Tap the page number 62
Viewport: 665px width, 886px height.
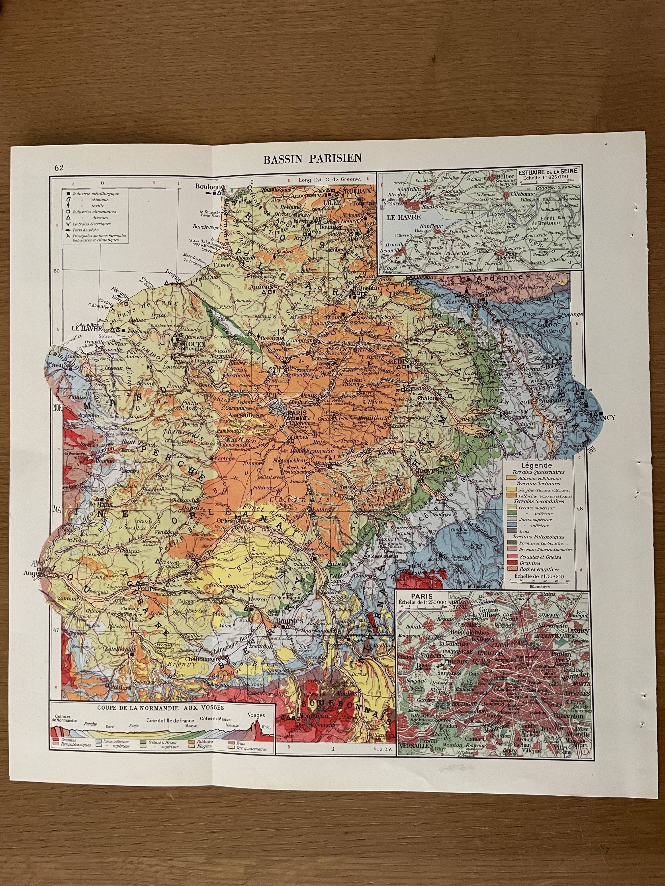click(x=59, y=167)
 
